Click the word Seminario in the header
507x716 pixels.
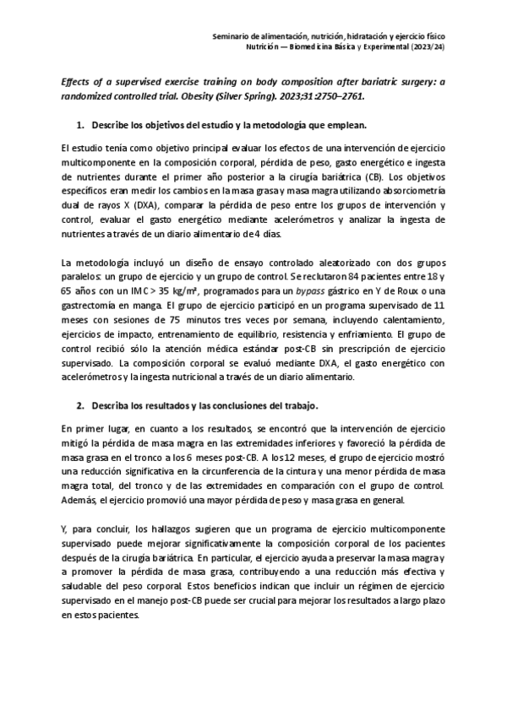click(230, 38)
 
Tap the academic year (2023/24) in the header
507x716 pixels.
click(428, 48)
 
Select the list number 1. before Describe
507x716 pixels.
click(81, 125)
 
